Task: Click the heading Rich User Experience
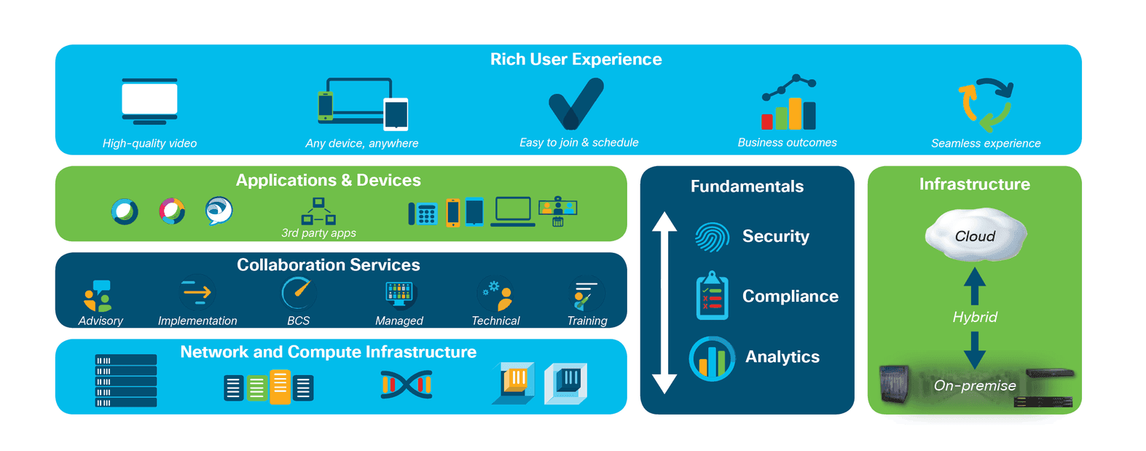(x=576, y=60)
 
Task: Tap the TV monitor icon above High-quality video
(x=149, y=101)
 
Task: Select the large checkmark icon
(x=576, y=103)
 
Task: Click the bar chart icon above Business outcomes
(x=788, y=102)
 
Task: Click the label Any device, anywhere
(x=361, y=144)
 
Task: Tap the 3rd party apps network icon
(x=318, y=211)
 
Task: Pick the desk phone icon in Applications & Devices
(x=423, y=214)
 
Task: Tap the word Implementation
(x=197, y=321)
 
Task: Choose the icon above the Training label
(x=586, y=294)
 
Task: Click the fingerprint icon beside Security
(x=713, y=237)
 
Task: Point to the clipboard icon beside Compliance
(x=713, y=295)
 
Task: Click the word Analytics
(x=782, y=356)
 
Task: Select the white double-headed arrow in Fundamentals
(x=664, y=302)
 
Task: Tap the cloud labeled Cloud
(x=976, y=235)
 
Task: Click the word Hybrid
(x=975, y=318)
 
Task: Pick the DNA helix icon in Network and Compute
(x=407, y=385)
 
